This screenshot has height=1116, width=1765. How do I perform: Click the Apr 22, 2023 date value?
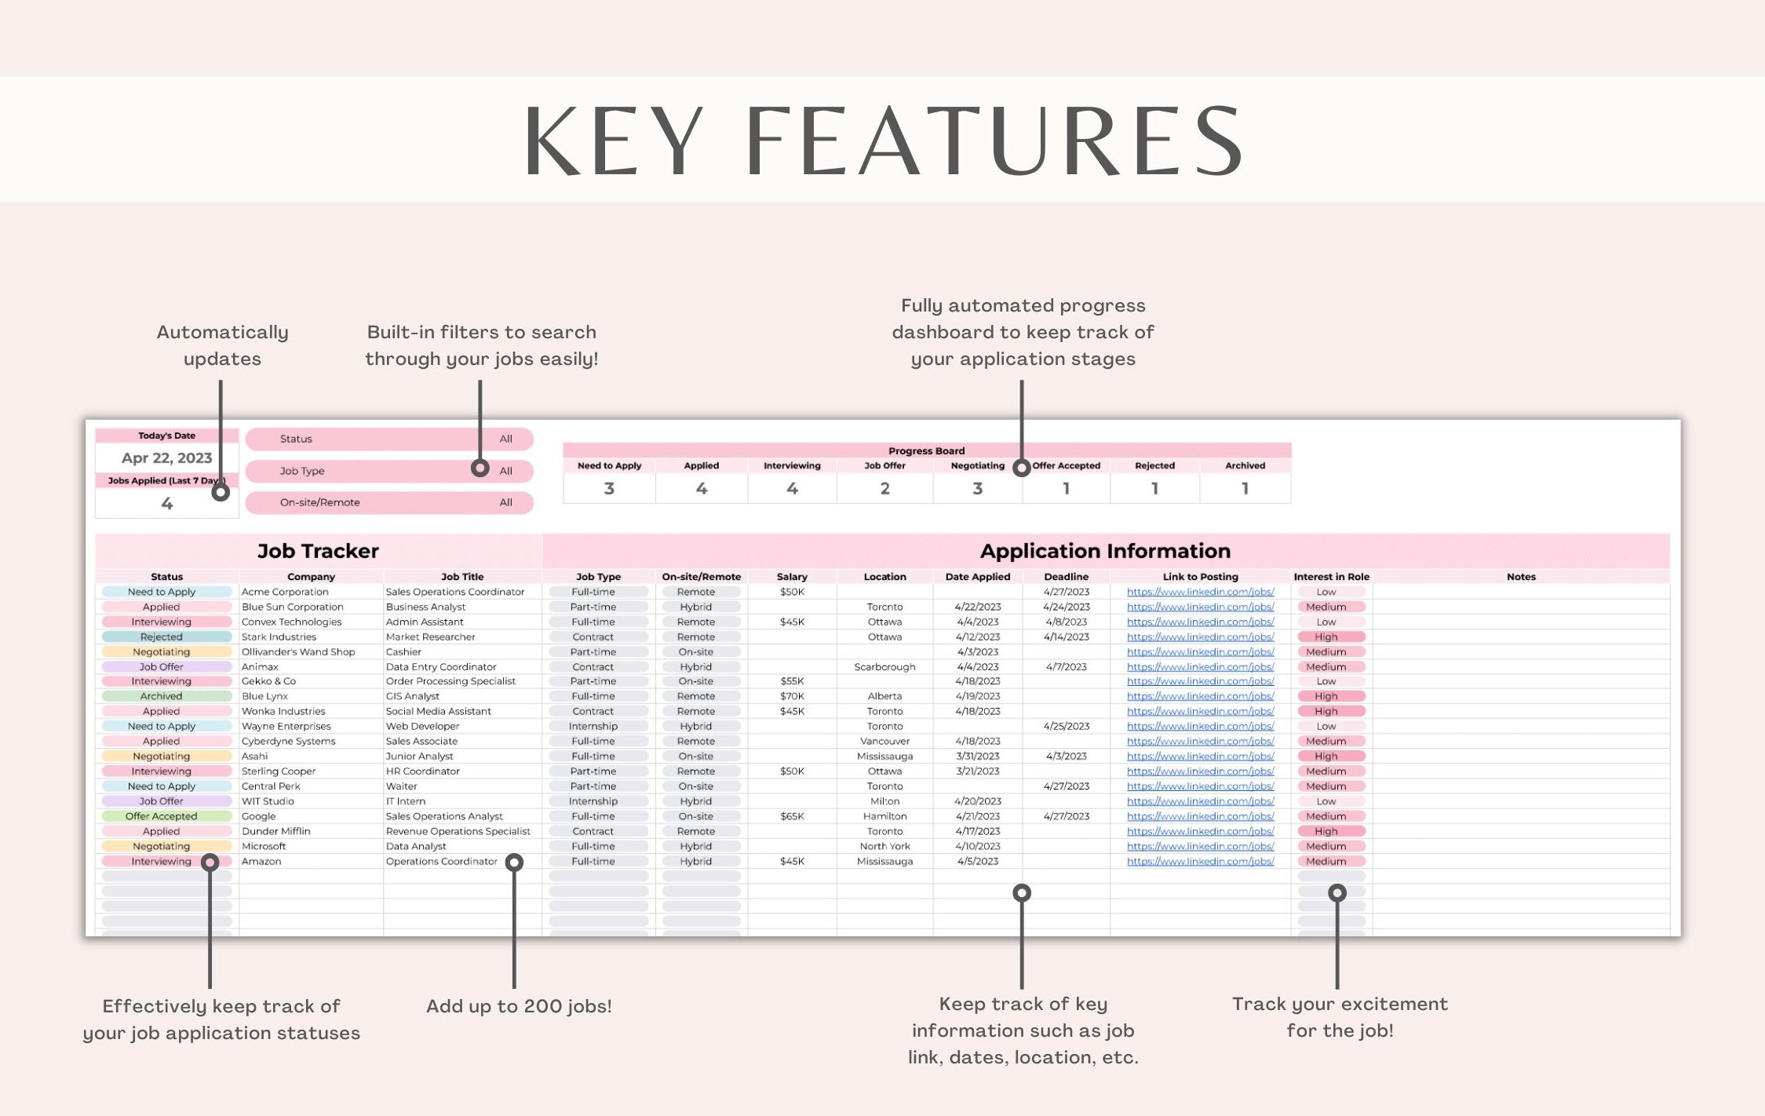click(x=166, y=458)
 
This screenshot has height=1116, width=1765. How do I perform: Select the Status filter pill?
click(x=389, y=439)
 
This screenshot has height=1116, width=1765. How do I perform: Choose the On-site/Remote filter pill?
click(x=389, y=502)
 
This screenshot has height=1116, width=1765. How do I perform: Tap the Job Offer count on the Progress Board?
click(x=884, y=488)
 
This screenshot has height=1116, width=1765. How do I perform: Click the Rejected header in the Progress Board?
click(x=1154, y=465)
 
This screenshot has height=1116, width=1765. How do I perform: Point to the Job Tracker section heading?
click(x=318, y=551)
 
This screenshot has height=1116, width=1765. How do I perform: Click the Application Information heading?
click(x=1105, y=551)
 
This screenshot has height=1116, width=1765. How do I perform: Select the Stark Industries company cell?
click(x=279, y=636)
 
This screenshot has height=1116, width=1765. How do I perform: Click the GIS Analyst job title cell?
click(x=412, y=696)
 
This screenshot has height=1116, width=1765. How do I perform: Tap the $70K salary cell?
click(x=792, y=696)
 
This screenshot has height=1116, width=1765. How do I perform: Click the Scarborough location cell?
click(x=884, y=667)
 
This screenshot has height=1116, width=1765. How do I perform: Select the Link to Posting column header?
click(x=1200, y=577)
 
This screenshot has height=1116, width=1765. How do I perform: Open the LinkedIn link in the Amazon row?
click(x=1200, y=862)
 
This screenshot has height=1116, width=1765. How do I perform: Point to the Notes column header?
click(x=1521, y=577)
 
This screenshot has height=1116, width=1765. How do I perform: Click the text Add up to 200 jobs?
click(x=519, y=1006)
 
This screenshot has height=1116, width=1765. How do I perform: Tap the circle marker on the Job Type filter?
click(x=480, y=468)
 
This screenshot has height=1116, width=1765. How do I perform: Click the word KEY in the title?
click(x=613, y=141)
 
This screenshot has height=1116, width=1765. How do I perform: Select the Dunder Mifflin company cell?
click(x=275, y=831)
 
